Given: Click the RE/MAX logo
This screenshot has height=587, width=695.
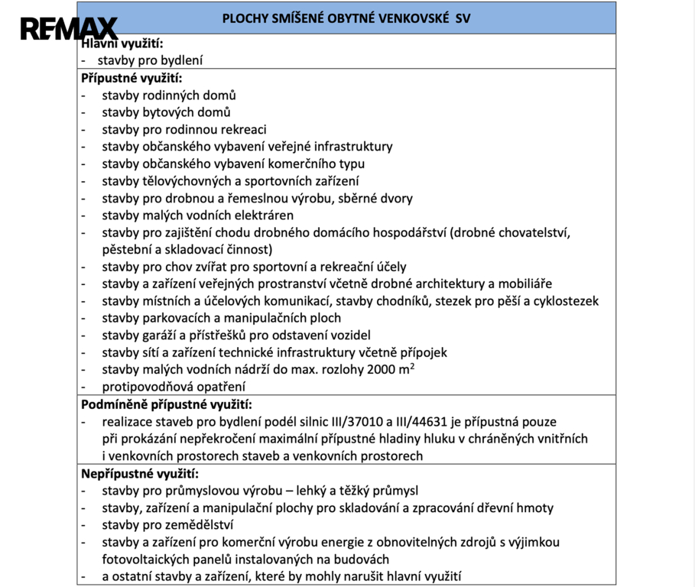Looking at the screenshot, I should point(68,30).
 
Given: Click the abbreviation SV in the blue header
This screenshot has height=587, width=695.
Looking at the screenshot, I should point(463,18).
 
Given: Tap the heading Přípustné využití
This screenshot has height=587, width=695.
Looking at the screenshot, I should point(132,77).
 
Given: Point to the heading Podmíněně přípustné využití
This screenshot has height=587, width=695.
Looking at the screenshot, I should point(167,404).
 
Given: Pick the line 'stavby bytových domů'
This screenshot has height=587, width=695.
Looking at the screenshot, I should point(166,112).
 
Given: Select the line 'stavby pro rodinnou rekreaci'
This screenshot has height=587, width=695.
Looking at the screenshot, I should point(183,129).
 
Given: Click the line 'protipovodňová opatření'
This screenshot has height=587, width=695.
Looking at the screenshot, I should point(174,387).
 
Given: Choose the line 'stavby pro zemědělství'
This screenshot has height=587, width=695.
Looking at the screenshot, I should point(167,524).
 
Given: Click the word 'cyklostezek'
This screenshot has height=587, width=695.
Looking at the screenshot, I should point(565,301).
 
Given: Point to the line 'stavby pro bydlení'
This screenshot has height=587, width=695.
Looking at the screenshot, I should point(150,60).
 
